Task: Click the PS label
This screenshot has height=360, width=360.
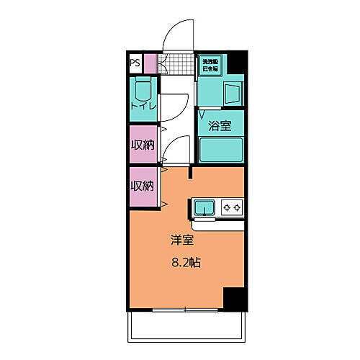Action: tap(135, 63)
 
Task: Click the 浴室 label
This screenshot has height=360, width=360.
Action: tap(220, 126)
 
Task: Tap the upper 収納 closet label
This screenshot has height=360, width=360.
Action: tap(142, 144)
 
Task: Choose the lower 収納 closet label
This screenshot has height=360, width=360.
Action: tap(142, 186)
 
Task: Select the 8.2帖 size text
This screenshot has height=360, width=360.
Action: tap(185, 263)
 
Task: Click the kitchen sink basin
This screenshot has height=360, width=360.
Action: tap(204, 208)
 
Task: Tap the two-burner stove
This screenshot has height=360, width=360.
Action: tap(233, 208)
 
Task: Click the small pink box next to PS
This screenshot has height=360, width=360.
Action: tap(150, 63)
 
